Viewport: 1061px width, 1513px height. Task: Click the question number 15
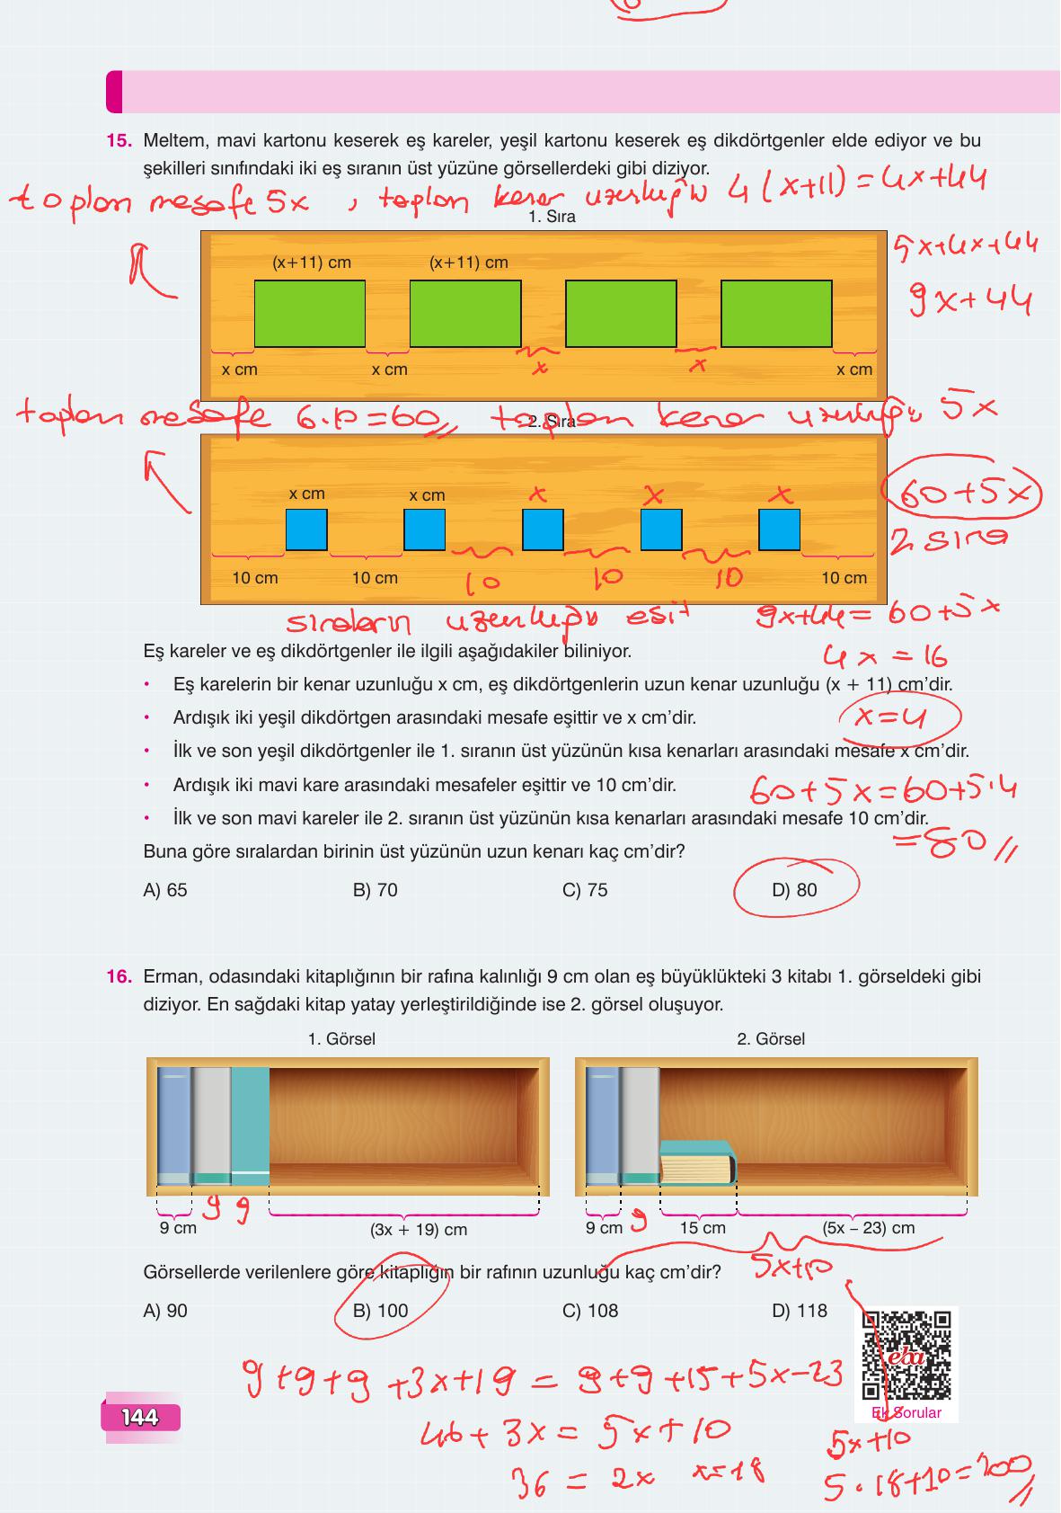(x=119, y=141)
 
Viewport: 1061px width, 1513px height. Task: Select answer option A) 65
(x=165, y=890)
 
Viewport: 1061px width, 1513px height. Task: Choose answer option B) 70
(x=375, y=890)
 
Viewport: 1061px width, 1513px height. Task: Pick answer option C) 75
(x=585, y=890)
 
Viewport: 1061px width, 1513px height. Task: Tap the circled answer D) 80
(x=795, y=890)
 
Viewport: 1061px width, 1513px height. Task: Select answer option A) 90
(x=165, y=1311)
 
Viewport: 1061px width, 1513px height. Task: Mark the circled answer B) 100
(x=381, y=1311)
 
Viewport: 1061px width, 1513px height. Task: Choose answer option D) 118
(x=800, y=1311)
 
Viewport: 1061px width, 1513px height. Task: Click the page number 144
(x=140, y=1418)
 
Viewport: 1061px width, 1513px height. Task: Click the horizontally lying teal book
(x=698, y=1162)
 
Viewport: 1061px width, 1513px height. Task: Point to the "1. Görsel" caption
(x=341, y=1039)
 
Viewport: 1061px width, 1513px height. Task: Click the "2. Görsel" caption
(x=771, y=1039)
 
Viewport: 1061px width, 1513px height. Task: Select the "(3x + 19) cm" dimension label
(x=419, y=1229)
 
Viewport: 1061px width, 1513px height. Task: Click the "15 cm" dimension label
(x=703, y=1228)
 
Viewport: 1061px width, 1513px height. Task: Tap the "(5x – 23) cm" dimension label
(x=869, y=1228)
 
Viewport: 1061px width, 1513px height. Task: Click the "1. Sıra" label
(x=552, y=217)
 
